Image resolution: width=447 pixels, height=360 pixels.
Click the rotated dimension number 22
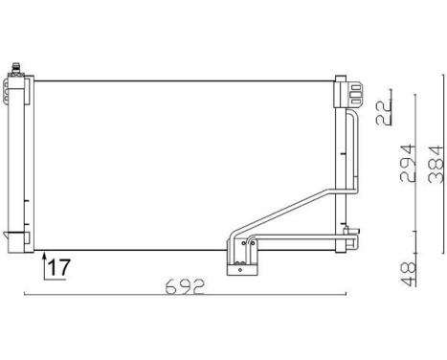pos(384,112)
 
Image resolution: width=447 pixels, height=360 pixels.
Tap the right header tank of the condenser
pos(339,163)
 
